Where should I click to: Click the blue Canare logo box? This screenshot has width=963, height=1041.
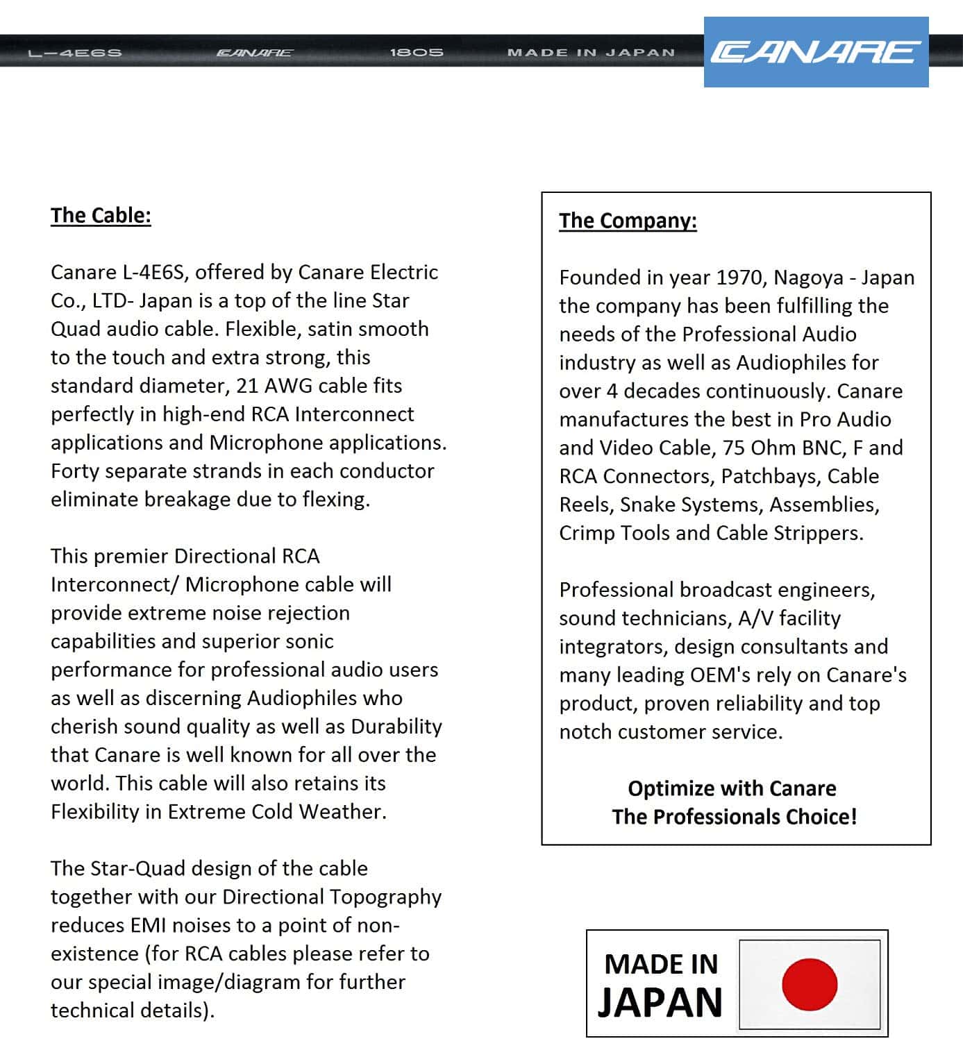(x=816, y=52)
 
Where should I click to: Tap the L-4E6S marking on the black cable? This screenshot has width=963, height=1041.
(x=75, y=53)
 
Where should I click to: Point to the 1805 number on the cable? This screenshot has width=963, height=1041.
(x=417, y=52)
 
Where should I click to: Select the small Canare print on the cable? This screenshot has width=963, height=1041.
(x=255, y=53)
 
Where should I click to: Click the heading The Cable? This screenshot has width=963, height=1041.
(x=101, y=215)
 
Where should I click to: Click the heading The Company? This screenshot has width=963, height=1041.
(x=628, y=221)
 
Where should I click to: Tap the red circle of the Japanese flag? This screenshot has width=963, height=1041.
(x=810, y=984)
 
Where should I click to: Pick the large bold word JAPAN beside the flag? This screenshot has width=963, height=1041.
(x=660, y=1003)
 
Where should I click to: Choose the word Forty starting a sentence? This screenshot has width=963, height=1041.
(x=75, y=471)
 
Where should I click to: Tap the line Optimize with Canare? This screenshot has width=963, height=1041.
(x=732, y=788)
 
